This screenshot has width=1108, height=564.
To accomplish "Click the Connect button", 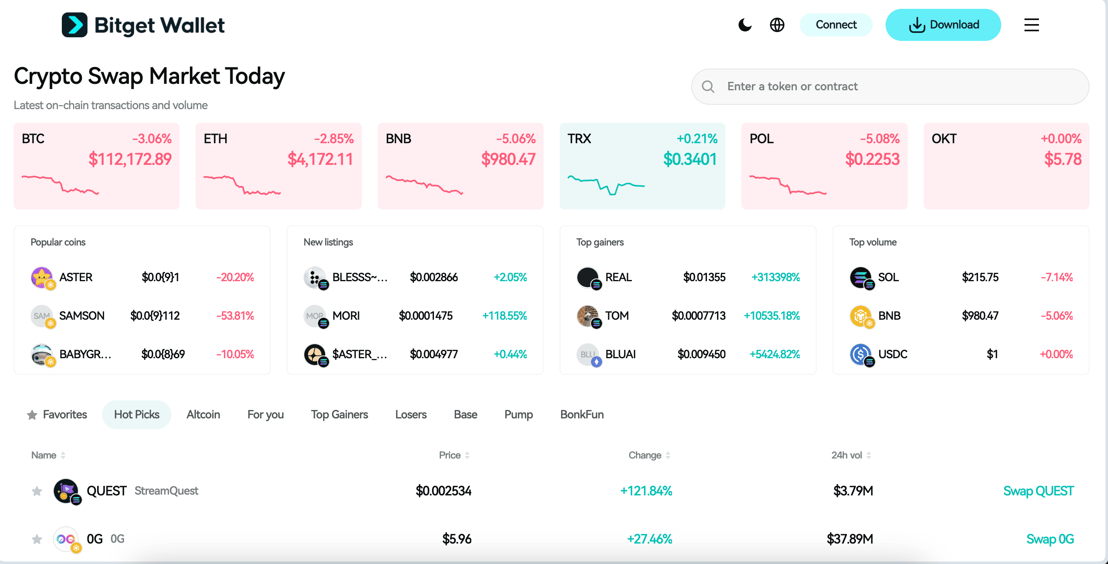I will [836, 25].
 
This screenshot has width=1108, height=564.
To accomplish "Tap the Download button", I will [943, 25].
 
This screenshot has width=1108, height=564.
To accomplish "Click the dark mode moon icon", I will [745, 25].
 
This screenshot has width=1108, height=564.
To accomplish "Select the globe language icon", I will [777, 25].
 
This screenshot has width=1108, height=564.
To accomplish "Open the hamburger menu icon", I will [1031, 25].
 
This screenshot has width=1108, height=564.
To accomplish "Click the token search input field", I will [899, 86].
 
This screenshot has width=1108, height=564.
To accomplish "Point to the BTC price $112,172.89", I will [130, 160].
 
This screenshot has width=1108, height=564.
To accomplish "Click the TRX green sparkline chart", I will [606, 185].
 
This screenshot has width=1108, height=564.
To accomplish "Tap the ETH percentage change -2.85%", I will [333, 139].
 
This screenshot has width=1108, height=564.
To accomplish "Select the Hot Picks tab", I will [136, 414].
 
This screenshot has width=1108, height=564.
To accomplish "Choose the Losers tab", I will [411, 414].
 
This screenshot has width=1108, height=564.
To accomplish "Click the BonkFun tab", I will [582, 414].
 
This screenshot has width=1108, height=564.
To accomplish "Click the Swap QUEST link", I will [1038, 491].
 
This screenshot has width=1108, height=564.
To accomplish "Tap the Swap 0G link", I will [1049, 539].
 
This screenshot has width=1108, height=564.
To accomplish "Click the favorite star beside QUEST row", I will [37, 491].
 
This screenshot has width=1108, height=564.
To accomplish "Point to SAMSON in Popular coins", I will [82, 316].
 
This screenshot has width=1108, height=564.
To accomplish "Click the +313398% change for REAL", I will [775, 277].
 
